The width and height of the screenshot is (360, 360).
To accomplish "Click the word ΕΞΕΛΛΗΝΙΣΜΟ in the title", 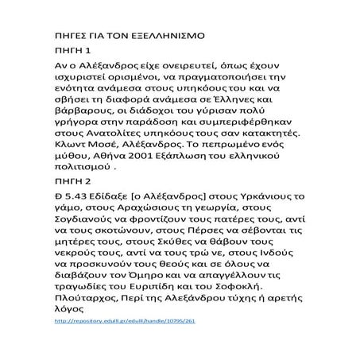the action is [162, 37].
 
